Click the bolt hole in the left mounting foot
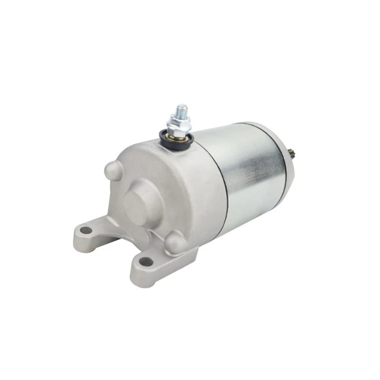(85, 230)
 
